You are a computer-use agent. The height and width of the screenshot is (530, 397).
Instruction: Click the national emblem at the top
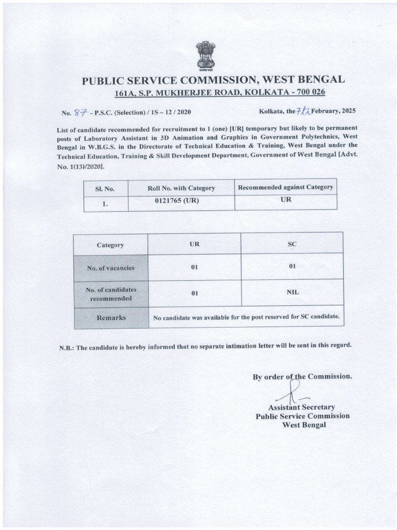click(205, 55)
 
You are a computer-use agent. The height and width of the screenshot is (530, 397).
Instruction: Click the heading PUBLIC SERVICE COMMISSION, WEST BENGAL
click(213, 80)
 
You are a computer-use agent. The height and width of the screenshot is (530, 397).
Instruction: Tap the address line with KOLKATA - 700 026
click(219, 93)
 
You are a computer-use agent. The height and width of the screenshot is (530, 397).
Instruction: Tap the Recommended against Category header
click(285, 187)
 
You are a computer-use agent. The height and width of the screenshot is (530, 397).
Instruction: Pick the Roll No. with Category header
click(181, 188)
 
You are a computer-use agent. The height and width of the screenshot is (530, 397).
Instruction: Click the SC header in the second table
click(292, 243)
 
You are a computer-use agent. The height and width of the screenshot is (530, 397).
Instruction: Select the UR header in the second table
click(194, 243)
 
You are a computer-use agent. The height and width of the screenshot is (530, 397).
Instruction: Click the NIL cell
click(293, 292)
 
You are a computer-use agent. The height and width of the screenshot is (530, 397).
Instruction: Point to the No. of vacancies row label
click(111, 268)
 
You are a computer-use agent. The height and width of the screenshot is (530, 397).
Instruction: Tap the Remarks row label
click(111, 318)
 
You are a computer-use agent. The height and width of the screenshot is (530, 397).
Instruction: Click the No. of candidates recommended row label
click(111, 294)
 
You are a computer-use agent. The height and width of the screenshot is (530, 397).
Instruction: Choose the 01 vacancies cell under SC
click(292, 267)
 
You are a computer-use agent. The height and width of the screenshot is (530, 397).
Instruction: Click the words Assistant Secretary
click(301, 407)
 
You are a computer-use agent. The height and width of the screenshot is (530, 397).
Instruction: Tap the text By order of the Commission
click(302, 376)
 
